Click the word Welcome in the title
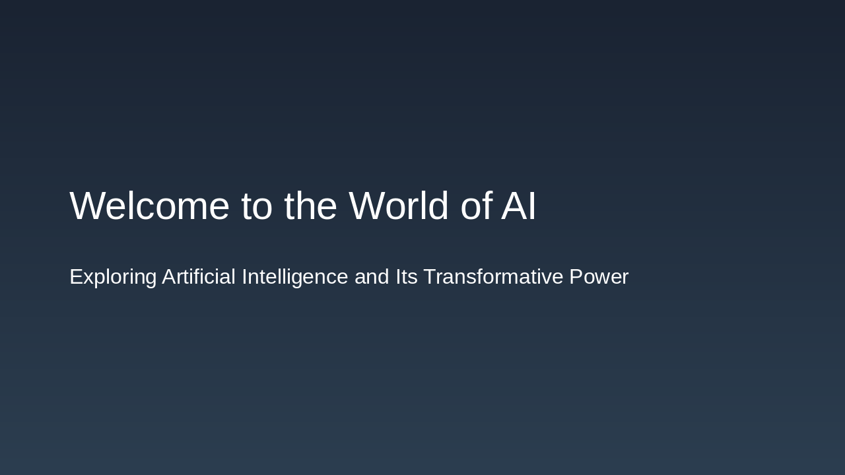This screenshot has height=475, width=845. pos(149,206)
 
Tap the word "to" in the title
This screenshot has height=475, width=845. pos(257,206)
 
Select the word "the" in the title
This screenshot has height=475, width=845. pos(310,206)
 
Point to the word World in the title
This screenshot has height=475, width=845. pos(399,206)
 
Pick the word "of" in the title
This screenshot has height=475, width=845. pos(475,206)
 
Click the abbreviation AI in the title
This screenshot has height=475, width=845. pos(519,206)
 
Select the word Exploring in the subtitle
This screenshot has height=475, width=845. pos(113,277)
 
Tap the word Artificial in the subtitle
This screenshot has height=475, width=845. pos(199,276)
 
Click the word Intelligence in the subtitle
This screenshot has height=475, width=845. pos(294,277)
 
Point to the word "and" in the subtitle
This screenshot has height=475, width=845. pos(372,276)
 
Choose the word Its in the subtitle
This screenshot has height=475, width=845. pos(407,276)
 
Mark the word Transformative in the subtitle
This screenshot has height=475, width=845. pos(493,276)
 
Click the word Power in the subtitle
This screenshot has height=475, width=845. pos(599,276)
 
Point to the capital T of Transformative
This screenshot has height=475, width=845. pos(430,276)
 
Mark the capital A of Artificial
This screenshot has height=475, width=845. pos(169,276)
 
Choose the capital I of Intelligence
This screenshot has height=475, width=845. pos(244,276)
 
